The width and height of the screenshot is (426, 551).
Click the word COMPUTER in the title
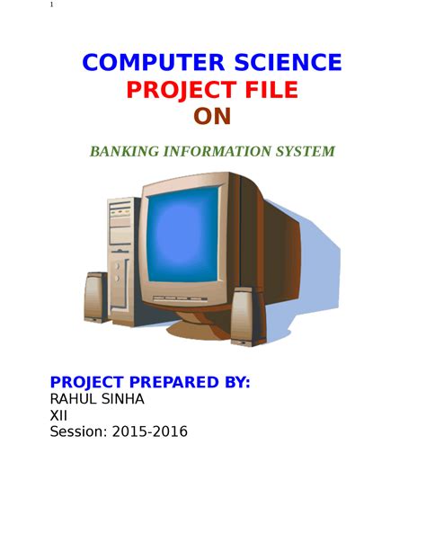tap(154, 63)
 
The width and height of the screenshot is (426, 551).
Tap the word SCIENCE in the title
tap(288, 63)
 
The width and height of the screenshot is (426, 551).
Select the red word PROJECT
tap(182, 90)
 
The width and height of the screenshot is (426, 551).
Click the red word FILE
tap(271, 90)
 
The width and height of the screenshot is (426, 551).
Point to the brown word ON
tap(212, 117)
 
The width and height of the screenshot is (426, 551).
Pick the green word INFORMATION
tap(217, 151)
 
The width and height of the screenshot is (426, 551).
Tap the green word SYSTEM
tap(305, 151)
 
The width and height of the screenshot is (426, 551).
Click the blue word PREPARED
tap(174, 382)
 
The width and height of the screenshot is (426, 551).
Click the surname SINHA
tap(122, 399)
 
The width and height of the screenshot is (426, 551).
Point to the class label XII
tap(58, 415)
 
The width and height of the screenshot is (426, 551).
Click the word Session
tap(79, 431)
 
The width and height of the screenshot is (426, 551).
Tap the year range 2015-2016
tap(150, 431)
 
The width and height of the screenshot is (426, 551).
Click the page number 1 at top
tap(51, 4)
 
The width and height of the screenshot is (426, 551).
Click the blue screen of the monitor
tap(182, 235)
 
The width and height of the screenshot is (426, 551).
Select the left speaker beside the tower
tap(95, 298)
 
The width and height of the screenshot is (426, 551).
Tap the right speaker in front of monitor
tap(247, 316)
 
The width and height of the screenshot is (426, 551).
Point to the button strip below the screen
tap(180, 298)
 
